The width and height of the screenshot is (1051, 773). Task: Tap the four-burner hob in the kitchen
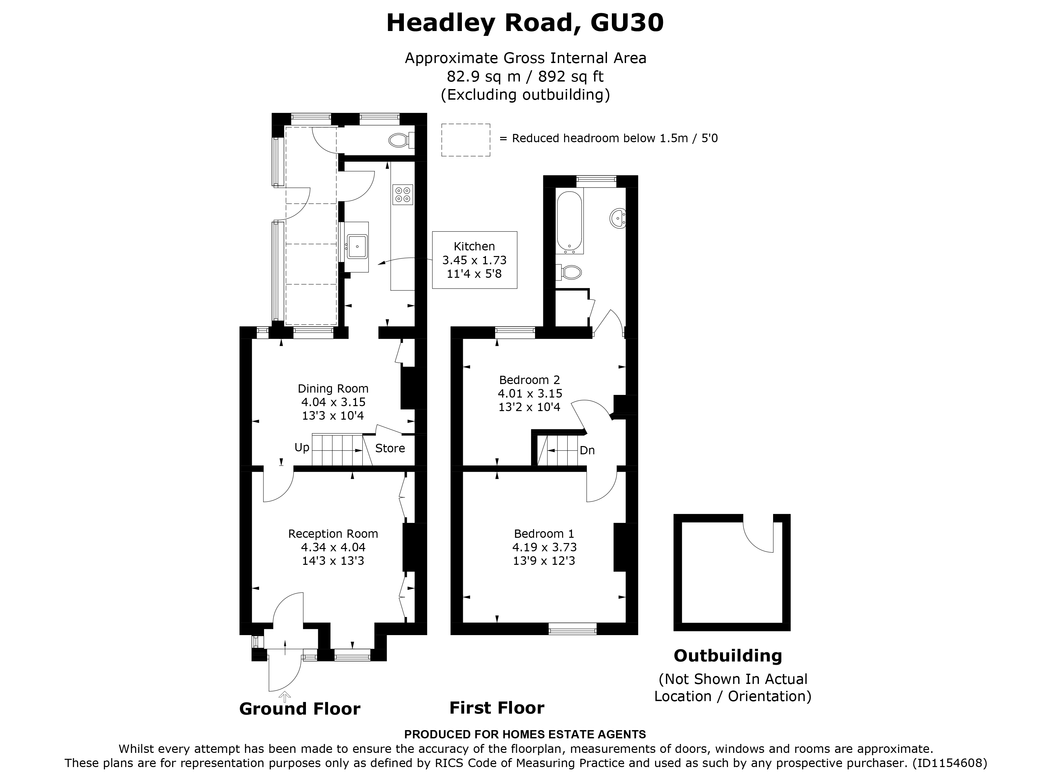tap(403, 195)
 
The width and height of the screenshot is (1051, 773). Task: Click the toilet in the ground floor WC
tap(400, 140)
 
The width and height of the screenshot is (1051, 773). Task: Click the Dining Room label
tap(333, 388)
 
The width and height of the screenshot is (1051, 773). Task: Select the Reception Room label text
tap(333, 533)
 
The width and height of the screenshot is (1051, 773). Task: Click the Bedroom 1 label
tap(544, 533)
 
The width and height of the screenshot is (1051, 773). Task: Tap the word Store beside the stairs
tap(390, 448)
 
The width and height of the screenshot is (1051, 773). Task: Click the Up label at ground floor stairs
tap(302, 447)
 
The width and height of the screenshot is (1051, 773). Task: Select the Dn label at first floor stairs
tap(587, 450)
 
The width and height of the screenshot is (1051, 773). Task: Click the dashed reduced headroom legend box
tap(465, 140)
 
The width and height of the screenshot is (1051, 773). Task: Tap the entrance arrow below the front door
tap(285, 696)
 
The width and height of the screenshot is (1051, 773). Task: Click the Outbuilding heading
tap(728, 656)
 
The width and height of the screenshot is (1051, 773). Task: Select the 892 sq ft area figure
tap(570, 76)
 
